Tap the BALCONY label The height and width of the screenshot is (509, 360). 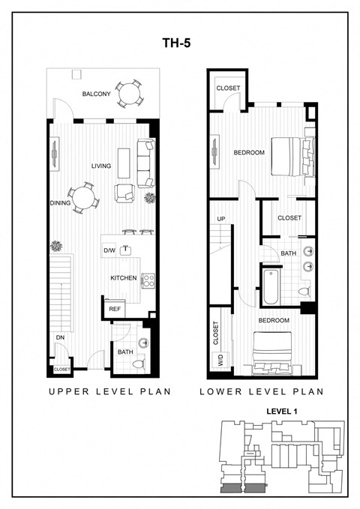tap(97, 94)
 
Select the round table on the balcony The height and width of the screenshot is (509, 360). tap(130, 93)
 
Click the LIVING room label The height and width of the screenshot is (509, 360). tap(101, 166)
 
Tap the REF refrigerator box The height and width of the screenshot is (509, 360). tap(114, 308)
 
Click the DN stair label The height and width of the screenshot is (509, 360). tap(59, 337)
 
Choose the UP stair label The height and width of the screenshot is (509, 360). tap(220, 219)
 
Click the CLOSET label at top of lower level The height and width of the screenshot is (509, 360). tap(228, 88)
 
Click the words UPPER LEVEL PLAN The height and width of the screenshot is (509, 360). tap(110, 391)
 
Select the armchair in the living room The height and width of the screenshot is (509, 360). tap(124, 193)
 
